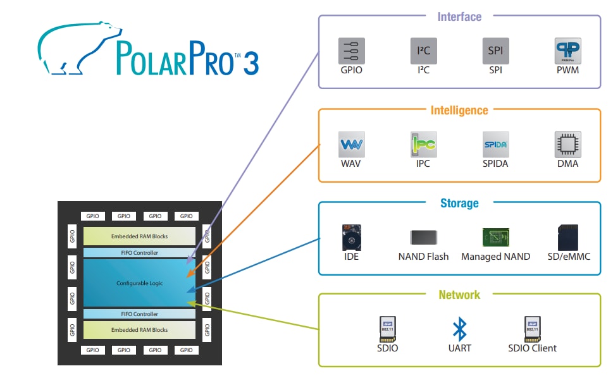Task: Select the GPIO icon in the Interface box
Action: coord(352,51)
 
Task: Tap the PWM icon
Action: coord(567,51)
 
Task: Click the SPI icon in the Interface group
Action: coord(495,51)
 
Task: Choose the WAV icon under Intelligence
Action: coord(352,144)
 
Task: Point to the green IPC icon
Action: coord(423,144)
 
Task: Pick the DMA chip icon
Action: coord(567,144)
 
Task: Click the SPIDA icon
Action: coord(495,144)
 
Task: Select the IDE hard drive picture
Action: coord(352,237)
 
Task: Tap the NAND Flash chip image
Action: coord(423,238)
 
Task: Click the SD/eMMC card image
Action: coord(567,237)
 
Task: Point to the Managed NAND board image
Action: coord(495,238)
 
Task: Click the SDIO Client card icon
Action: coord(532,329)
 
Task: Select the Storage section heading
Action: coord(459,204)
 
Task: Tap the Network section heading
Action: coord(459,295)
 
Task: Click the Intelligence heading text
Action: coord(459,111)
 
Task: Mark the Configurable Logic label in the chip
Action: coord(139,283)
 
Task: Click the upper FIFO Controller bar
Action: coord(139,253)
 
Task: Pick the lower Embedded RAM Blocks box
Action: coord(139,330)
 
